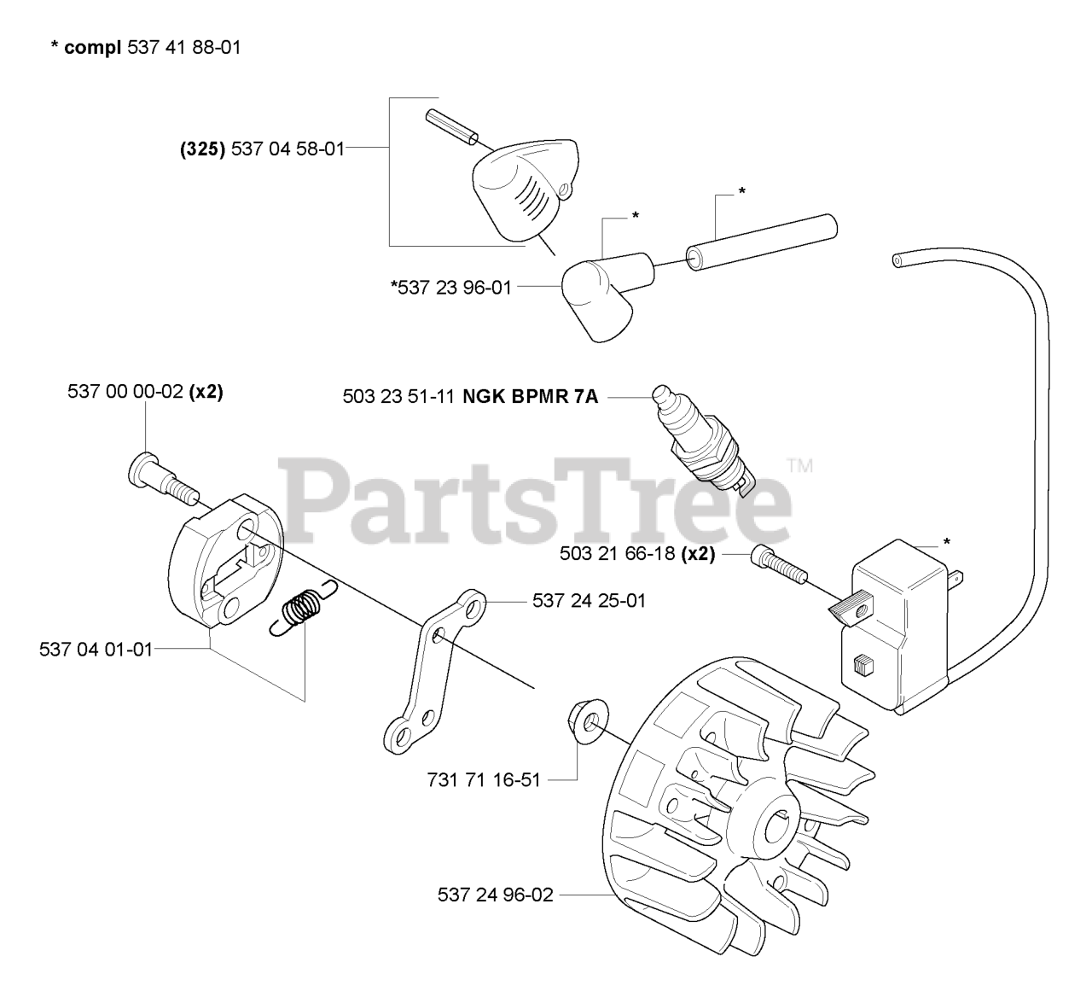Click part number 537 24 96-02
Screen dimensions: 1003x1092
(495, 895)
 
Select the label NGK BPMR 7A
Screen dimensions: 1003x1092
(531, 396)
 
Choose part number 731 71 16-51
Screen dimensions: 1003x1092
(483, 779)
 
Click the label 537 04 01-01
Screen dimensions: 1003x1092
(96, 650)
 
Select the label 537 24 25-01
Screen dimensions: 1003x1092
(589, 601)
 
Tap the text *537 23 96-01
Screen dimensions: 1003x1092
(450, 288)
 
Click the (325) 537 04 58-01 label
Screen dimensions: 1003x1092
(261, 149)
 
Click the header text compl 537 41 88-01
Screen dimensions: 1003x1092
(145, 48)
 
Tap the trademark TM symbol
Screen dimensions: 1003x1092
(799, 466)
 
